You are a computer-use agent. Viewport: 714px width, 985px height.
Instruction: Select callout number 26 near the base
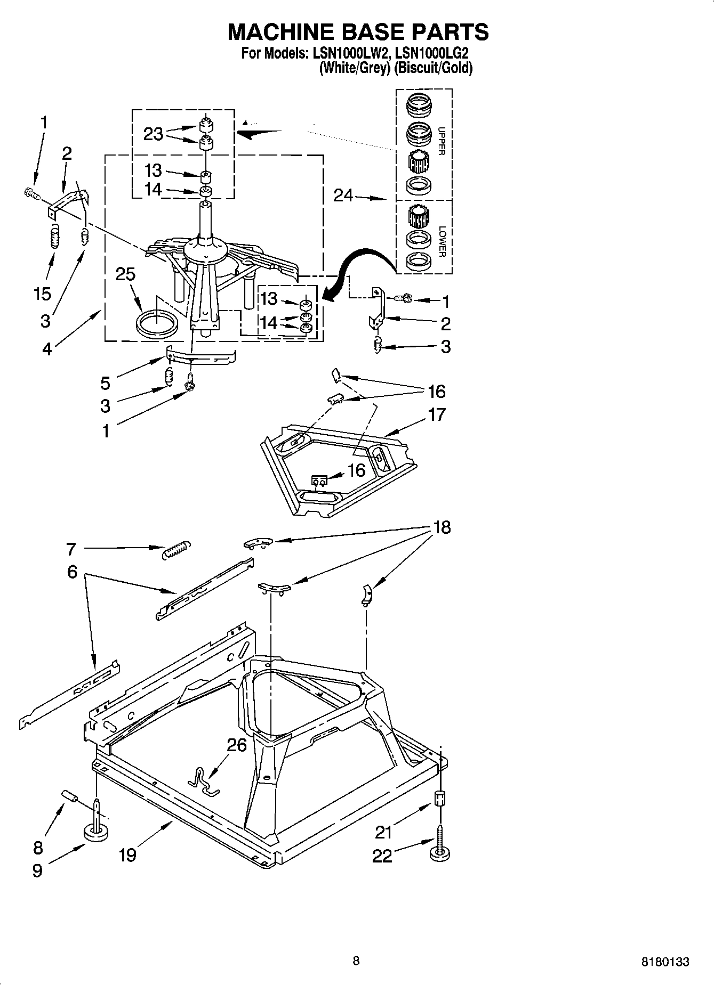[237, 744]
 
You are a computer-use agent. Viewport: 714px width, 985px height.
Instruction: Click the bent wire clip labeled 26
[205, 780]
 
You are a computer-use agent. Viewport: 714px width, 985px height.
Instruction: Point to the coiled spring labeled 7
[175, 549]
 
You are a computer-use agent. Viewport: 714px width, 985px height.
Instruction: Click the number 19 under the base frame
[127, 854]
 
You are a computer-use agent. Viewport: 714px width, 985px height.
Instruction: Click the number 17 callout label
[436, 414]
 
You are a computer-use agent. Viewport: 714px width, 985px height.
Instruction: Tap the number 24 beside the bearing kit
[343, 196]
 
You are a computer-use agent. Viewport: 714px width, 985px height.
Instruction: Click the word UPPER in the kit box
[441, 141]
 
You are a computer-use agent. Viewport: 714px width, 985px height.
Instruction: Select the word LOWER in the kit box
[441, 241]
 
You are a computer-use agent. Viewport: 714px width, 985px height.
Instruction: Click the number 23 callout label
[153, 134]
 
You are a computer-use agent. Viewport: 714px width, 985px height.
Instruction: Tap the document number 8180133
[664, 962]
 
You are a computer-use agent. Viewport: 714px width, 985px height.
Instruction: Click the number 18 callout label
[442, 527]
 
